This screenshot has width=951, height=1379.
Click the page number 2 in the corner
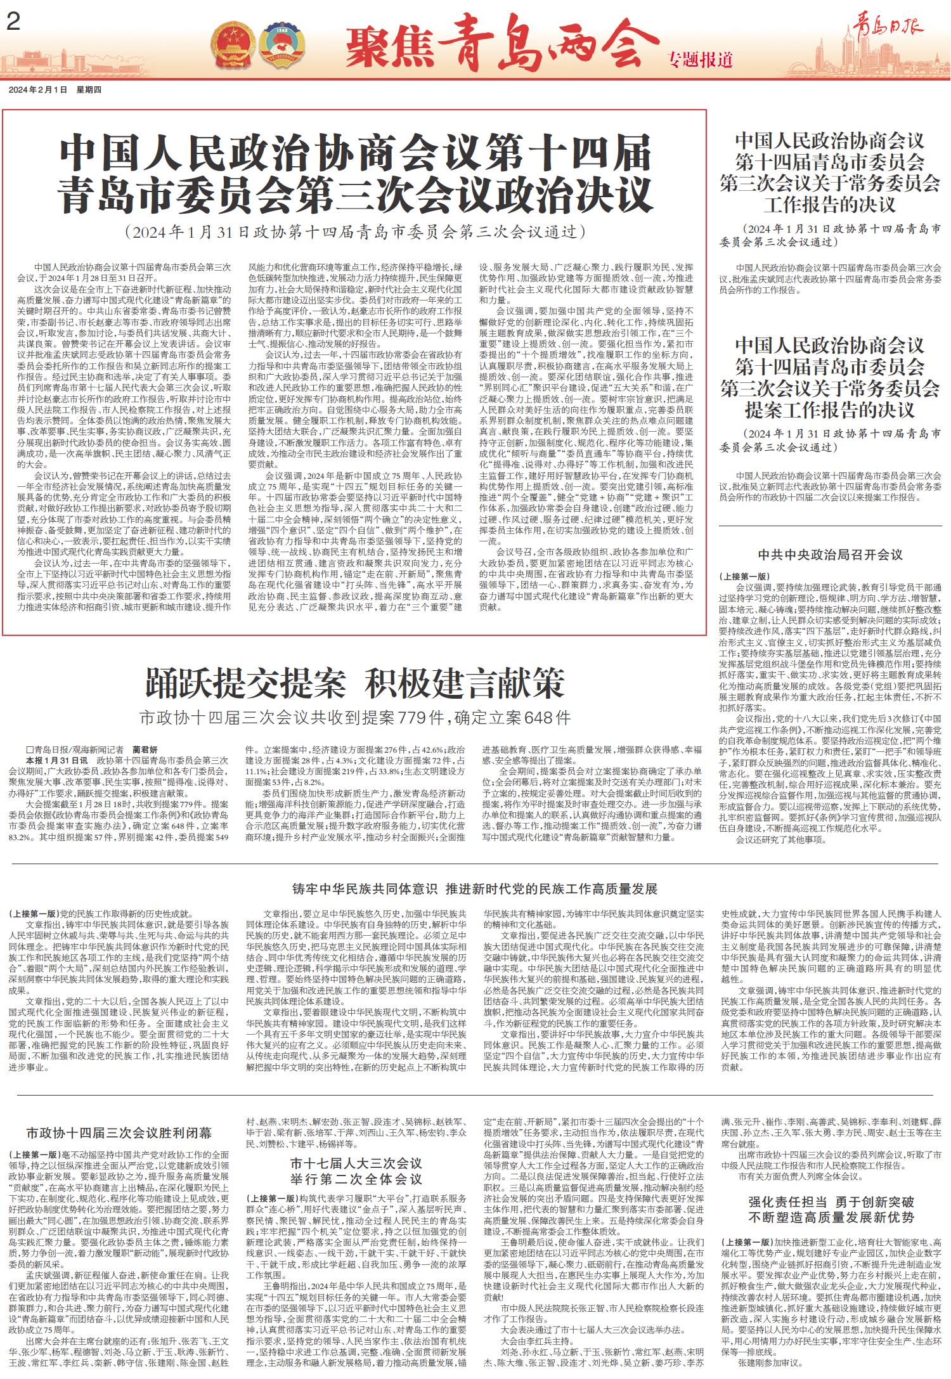coord(12,23)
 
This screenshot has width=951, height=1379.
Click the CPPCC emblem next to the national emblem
coord(281,43)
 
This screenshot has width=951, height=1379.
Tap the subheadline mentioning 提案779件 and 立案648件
coord(355,718)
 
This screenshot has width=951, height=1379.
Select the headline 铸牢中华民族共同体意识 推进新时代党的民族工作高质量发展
coord(475,888)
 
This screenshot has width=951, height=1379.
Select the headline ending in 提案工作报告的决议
coord(830,378)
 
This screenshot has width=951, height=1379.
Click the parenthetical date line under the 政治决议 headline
coord(354,231)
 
